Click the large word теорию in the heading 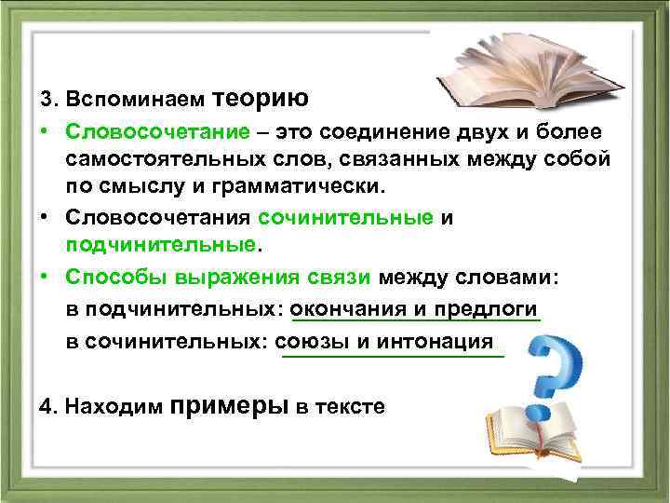pos(261,98)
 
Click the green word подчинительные pos(159,245)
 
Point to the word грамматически pos(308,185)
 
